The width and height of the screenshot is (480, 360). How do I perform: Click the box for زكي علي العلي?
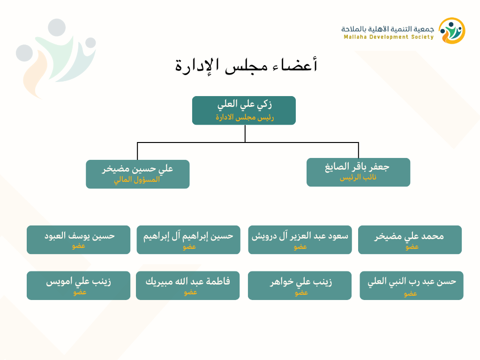coord(244,111)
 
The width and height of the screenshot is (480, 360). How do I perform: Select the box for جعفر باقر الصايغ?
coord(358,172)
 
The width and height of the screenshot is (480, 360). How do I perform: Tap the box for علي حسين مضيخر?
coord(138,174)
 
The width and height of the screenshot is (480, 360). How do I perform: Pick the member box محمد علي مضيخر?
coord(410,240)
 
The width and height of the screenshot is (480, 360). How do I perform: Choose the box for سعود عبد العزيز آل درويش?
coord(300,240)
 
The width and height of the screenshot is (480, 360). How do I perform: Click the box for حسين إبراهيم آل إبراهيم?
coord(188,240)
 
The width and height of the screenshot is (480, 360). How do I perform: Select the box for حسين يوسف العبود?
coord(78,240)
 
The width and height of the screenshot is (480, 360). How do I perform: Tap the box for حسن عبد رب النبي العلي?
coord(412,285)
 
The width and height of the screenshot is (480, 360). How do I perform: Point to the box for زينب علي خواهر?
coord(300,285)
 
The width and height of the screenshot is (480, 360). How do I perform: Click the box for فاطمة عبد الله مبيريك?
coord(187,285)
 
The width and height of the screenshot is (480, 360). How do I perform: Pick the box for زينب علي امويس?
coord(78,285)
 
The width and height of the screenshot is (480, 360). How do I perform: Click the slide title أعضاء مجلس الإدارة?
coord(246,65)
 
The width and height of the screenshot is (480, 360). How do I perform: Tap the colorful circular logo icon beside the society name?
coord(452,30)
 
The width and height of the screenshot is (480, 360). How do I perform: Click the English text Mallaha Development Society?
coord(389,37)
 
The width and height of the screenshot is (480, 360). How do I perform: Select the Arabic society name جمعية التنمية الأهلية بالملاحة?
coord(388,29)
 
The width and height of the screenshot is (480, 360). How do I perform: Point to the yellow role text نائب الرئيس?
coord(358,178)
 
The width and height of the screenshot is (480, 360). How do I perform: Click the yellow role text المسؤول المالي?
coord(137,180)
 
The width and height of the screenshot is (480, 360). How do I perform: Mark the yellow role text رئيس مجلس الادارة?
coord(245,117)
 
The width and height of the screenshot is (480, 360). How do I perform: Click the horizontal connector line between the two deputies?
coord(248,142)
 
